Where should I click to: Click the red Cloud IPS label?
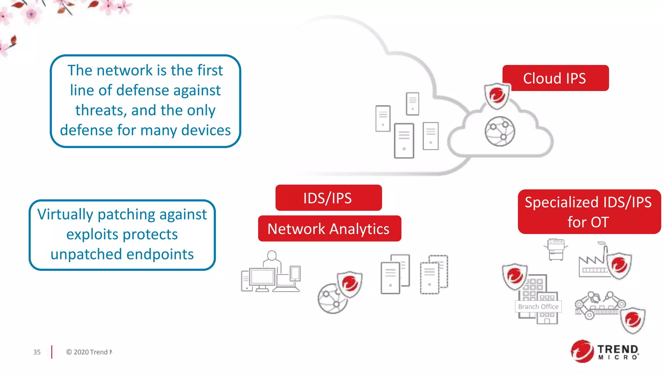(x=555, y=78)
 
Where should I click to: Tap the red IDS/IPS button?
(x=328, y=198)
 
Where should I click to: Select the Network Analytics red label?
(x=329, y=229)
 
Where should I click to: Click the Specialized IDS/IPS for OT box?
(x=589, y=212)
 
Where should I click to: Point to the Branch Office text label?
(x=538, y=306)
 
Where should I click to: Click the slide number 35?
(x=37, y=352)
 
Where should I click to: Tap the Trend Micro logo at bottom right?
(x=605, y=351)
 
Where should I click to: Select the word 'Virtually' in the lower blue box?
(x=65, y=214)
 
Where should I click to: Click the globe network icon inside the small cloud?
(x=500, y=131)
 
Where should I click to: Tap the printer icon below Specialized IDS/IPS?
(x=556, y=249)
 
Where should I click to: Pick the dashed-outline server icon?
(x=434, y=274)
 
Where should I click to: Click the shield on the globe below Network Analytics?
(x=349, y=284)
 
